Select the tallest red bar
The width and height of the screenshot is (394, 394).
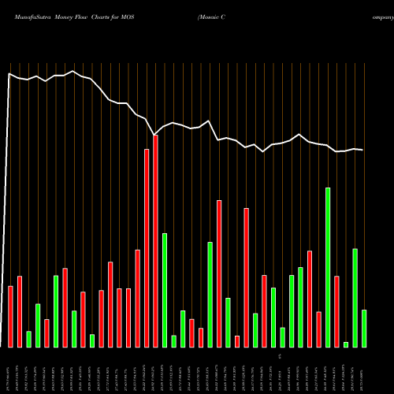point(156,241)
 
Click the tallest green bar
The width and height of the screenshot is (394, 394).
point(328,267)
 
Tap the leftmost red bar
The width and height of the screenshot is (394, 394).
point(10,316)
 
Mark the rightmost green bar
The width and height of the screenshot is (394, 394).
point(364,329)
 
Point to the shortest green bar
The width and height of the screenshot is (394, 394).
point(346,344)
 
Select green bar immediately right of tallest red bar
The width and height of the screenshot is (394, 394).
point(165,290)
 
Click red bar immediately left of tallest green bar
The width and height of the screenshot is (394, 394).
point(318,329)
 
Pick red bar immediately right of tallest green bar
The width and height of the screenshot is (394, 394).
point(336,311)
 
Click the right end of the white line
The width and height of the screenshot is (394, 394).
point(363,150)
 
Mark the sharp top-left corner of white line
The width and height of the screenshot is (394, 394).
point(9,74)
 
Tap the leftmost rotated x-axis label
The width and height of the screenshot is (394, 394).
point(9,370)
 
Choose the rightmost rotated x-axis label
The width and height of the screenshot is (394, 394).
point(363,370)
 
